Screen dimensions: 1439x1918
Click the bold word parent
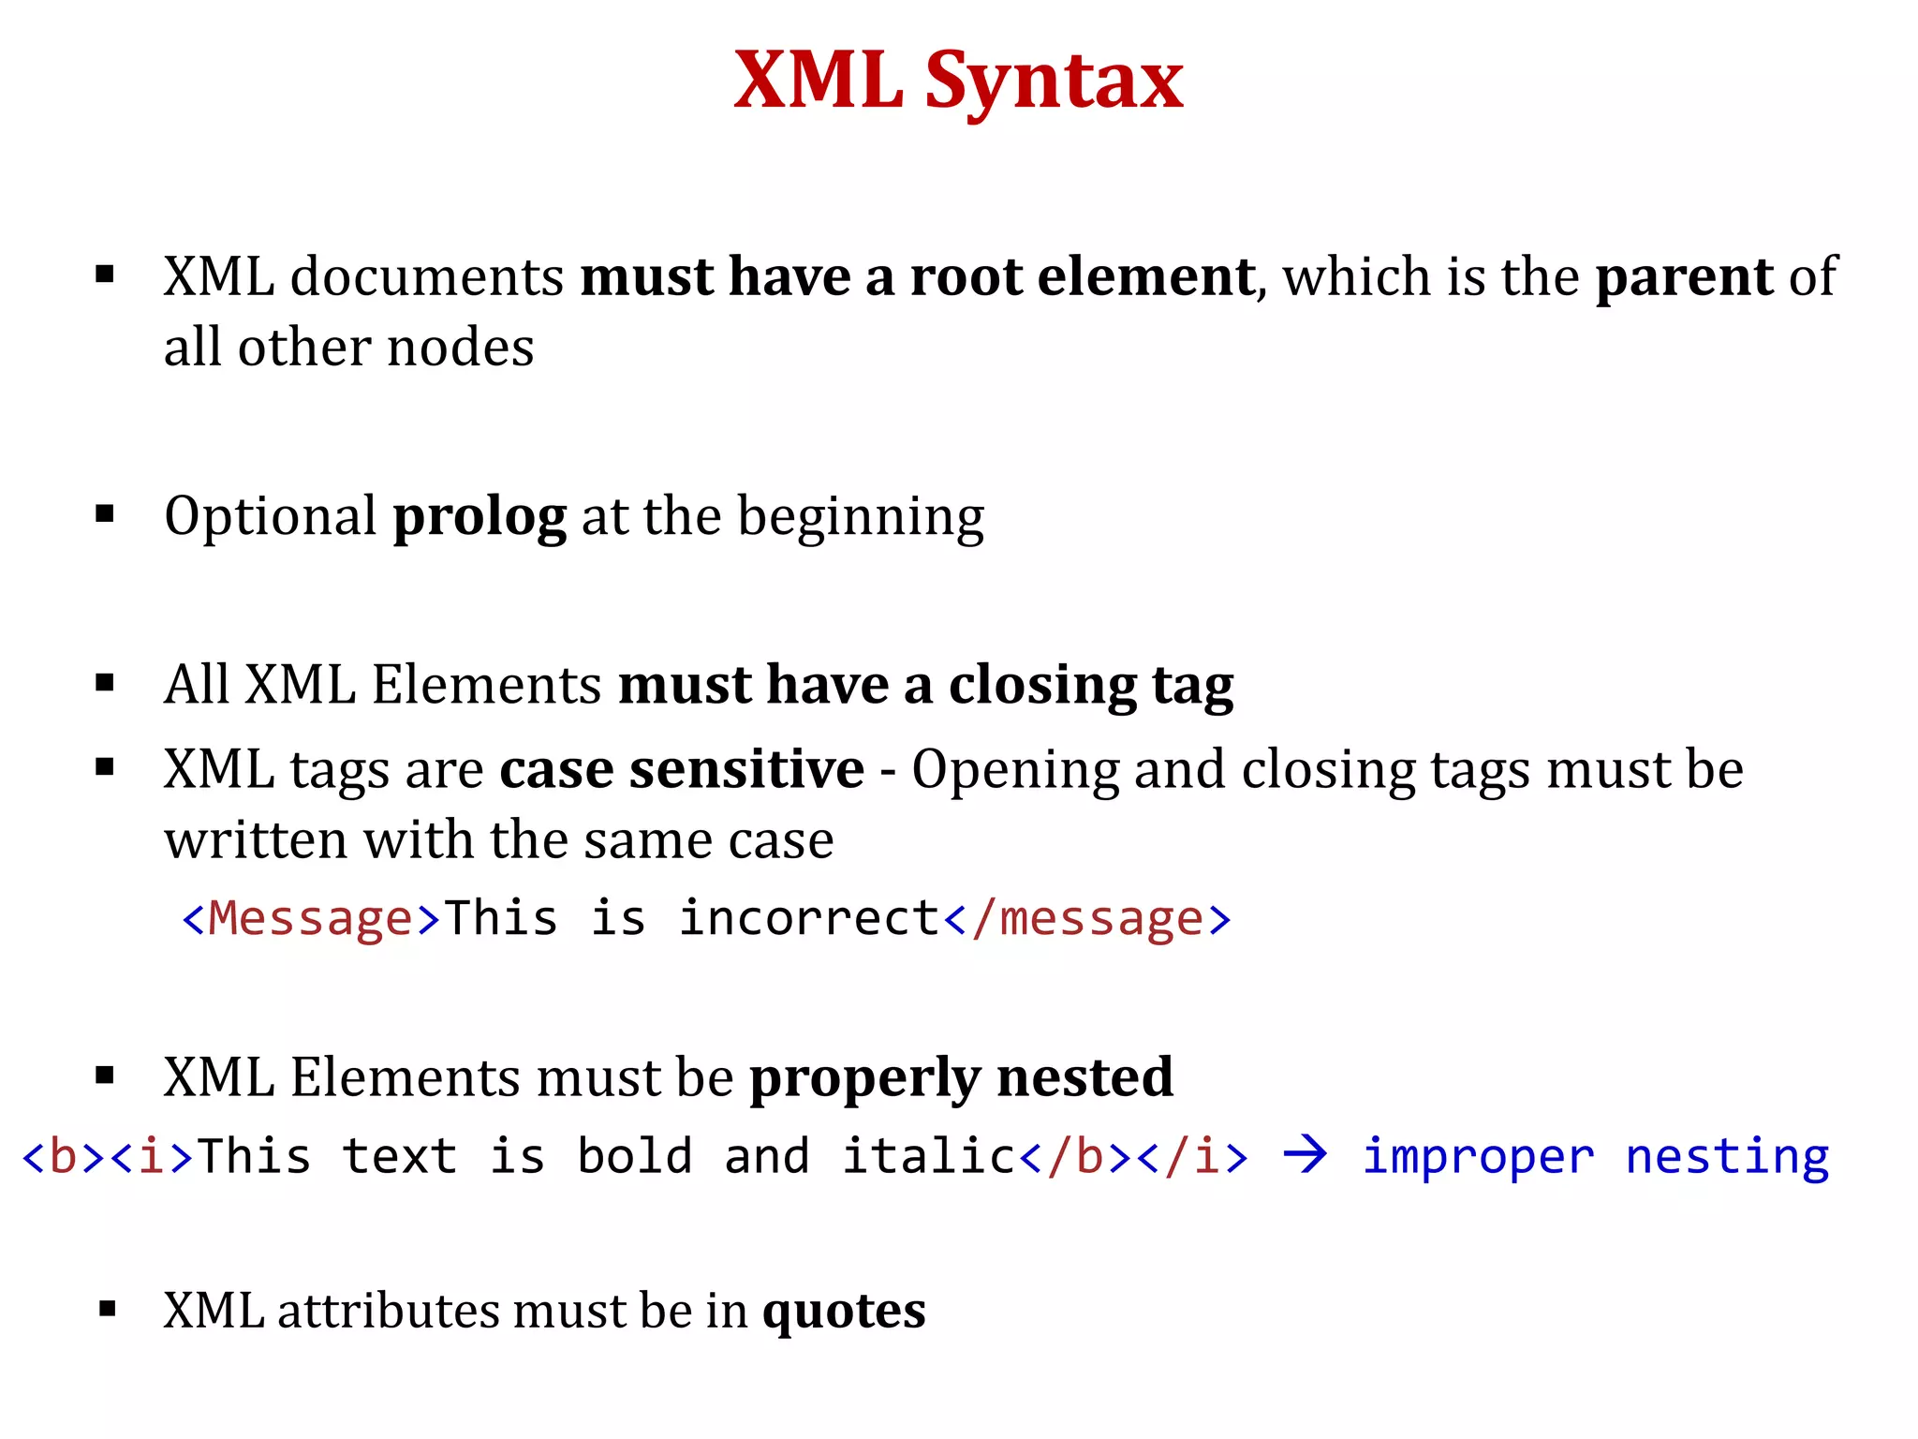pyautogui.click(x=1683, y=277)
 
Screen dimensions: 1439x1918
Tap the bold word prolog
pyautogui.click(x=479, y=517)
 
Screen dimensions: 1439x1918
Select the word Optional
pyautogui.click(x=270, y=517)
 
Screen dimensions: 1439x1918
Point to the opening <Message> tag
pyautogui.click(x=311, y=918)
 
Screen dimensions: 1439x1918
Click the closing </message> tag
pyautogui.click(x=1086, y=918)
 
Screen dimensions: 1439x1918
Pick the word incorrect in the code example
pyautogui.click(x=809, y=918)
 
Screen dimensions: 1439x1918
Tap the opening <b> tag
pyautogui.click(x=63, y=1157)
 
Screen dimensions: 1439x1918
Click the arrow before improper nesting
pyautogui.click(x=1306, y=1154)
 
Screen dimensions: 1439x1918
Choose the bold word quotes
pyautogui.click(x=843, y=1311)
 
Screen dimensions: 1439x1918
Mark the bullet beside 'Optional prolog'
pyautogui.click(x=105, y=513)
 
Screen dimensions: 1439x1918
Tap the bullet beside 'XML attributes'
pyautogui.click(x=107, y=1309)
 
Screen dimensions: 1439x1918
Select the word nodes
pyautogui.click(x=460, y=349)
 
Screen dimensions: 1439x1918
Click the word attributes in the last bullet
pyautogui.click(x=388, y=1311)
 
